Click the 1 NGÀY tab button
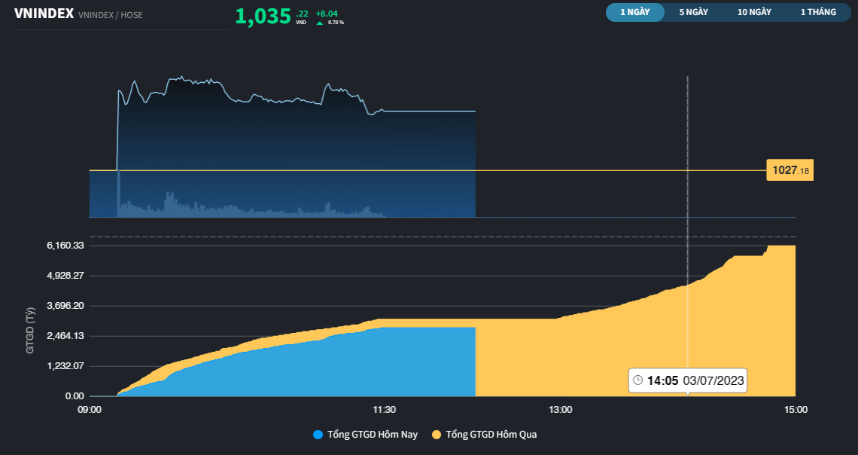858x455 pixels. (x=634, y=12)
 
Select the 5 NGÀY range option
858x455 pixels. (x=693, y=12)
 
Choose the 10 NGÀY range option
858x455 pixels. (x=754, y=12)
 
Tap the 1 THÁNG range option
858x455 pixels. (x=818, y=12)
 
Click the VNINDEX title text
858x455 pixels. (x=43, y=14)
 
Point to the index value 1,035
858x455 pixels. (x=263, y=17)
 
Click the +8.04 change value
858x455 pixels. (x=327, y=13)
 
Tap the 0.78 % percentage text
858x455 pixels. (x=336, y=23)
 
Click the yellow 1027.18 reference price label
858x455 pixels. (x=790, y=170)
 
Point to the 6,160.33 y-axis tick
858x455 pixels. (x=65, y=246)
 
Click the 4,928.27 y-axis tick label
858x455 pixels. (x=65, y=276)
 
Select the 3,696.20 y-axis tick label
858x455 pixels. (x=65, y=306)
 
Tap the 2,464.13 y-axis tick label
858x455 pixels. (x=65, y=336)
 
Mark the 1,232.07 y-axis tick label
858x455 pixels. (x=65, y=366)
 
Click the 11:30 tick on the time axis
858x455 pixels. (x=385, y=410)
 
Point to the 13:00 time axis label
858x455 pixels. (x=561, y=410)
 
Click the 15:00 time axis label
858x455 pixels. (x=796, y=410)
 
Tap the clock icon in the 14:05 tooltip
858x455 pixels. (x=638, y=380)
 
